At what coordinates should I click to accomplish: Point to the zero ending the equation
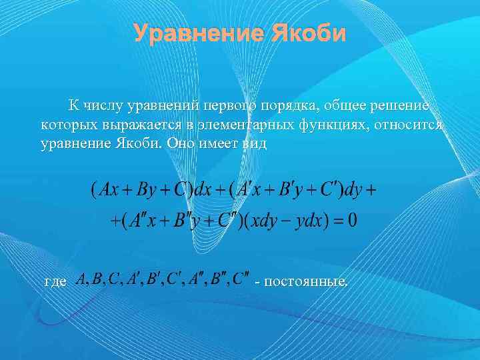pyautogui.click(x=351, y=221)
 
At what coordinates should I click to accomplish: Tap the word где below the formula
pyautogui.click(x=55, y=281)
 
